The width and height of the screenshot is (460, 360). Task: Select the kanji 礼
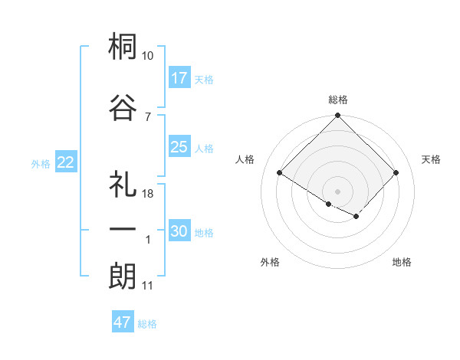tap(123, 183)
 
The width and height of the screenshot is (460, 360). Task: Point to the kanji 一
tap(123, 229)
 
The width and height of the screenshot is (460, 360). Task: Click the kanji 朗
tap(123, 276)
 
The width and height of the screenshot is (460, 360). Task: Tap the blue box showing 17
tap(179, 78)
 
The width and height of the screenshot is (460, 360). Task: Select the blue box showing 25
tap(179, 147)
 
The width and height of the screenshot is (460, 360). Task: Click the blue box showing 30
tap(179, 231)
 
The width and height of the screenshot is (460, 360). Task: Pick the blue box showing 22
tap(66, 162)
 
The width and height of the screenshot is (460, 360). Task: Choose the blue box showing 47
tap(123, 322)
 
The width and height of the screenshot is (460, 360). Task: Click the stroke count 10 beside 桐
tap(148, 56)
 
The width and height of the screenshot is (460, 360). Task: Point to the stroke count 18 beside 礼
tap(148, 194)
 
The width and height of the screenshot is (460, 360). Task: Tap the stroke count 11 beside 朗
tap(148, 286)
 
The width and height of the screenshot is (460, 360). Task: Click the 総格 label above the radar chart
tap(338, 100)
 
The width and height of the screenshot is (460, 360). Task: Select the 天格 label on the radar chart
tap(432, 159)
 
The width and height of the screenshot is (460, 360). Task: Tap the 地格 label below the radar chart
tap(402, 262)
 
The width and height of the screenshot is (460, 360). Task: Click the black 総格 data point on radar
tap(337, 116)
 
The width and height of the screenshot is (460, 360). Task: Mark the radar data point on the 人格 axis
tap(280, 172)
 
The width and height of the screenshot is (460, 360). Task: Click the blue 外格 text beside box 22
tap(40, 163)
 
